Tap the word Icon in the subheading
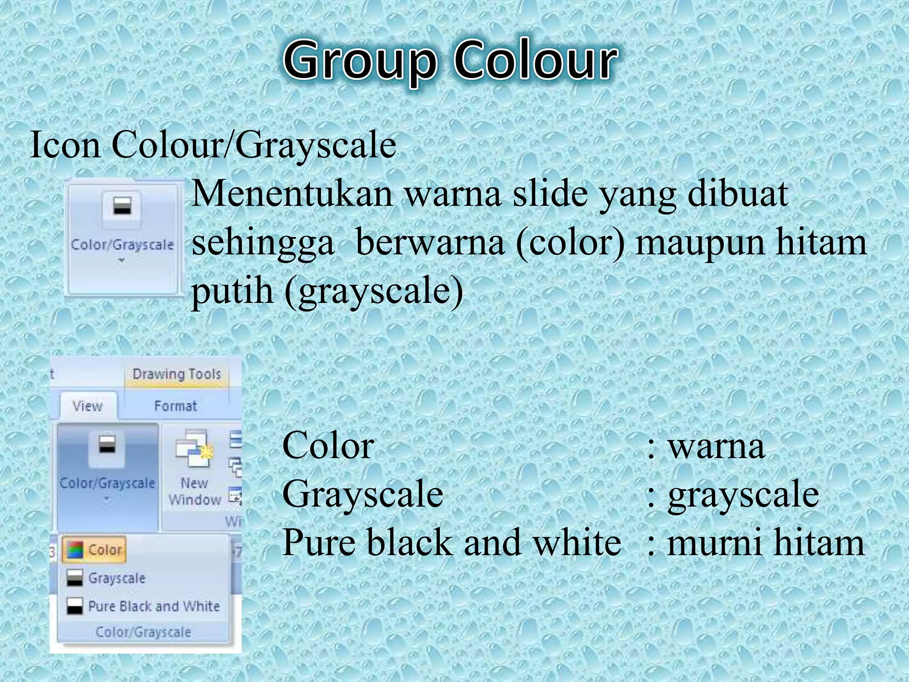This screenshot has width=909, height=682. tap(65, 145)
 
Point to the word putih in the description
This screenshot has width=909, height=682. tap(232, 291)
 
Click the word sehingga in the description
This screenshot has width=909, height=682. tap(263, 243)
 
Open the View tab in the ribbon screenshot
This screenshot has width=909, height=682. tap(87, 406)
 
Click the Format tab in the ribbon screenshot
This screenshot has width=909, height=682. tap(175, 406)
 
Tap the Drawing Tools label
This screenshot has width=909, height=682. tap(176, 374)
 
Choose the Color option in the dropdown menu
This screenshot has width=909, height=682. tap(105, 550)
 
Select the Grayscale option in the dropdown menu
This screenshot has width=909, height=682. tap(116, 578)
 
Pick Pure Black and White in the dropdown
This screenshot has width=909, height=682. tap(154, 606)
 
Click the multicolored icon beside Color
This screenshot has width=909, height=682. tap(75, 550)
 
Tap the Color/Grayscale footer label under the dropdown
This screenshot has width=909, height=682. tap(143, 632)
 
